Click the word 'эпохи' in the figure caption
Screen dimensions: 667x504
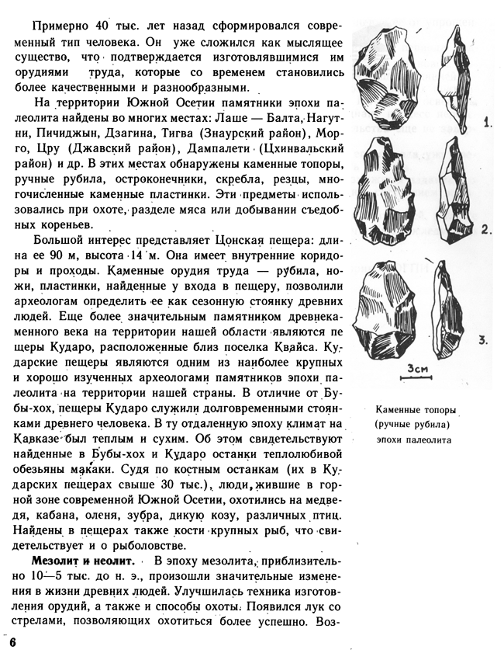pos(393,438)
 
